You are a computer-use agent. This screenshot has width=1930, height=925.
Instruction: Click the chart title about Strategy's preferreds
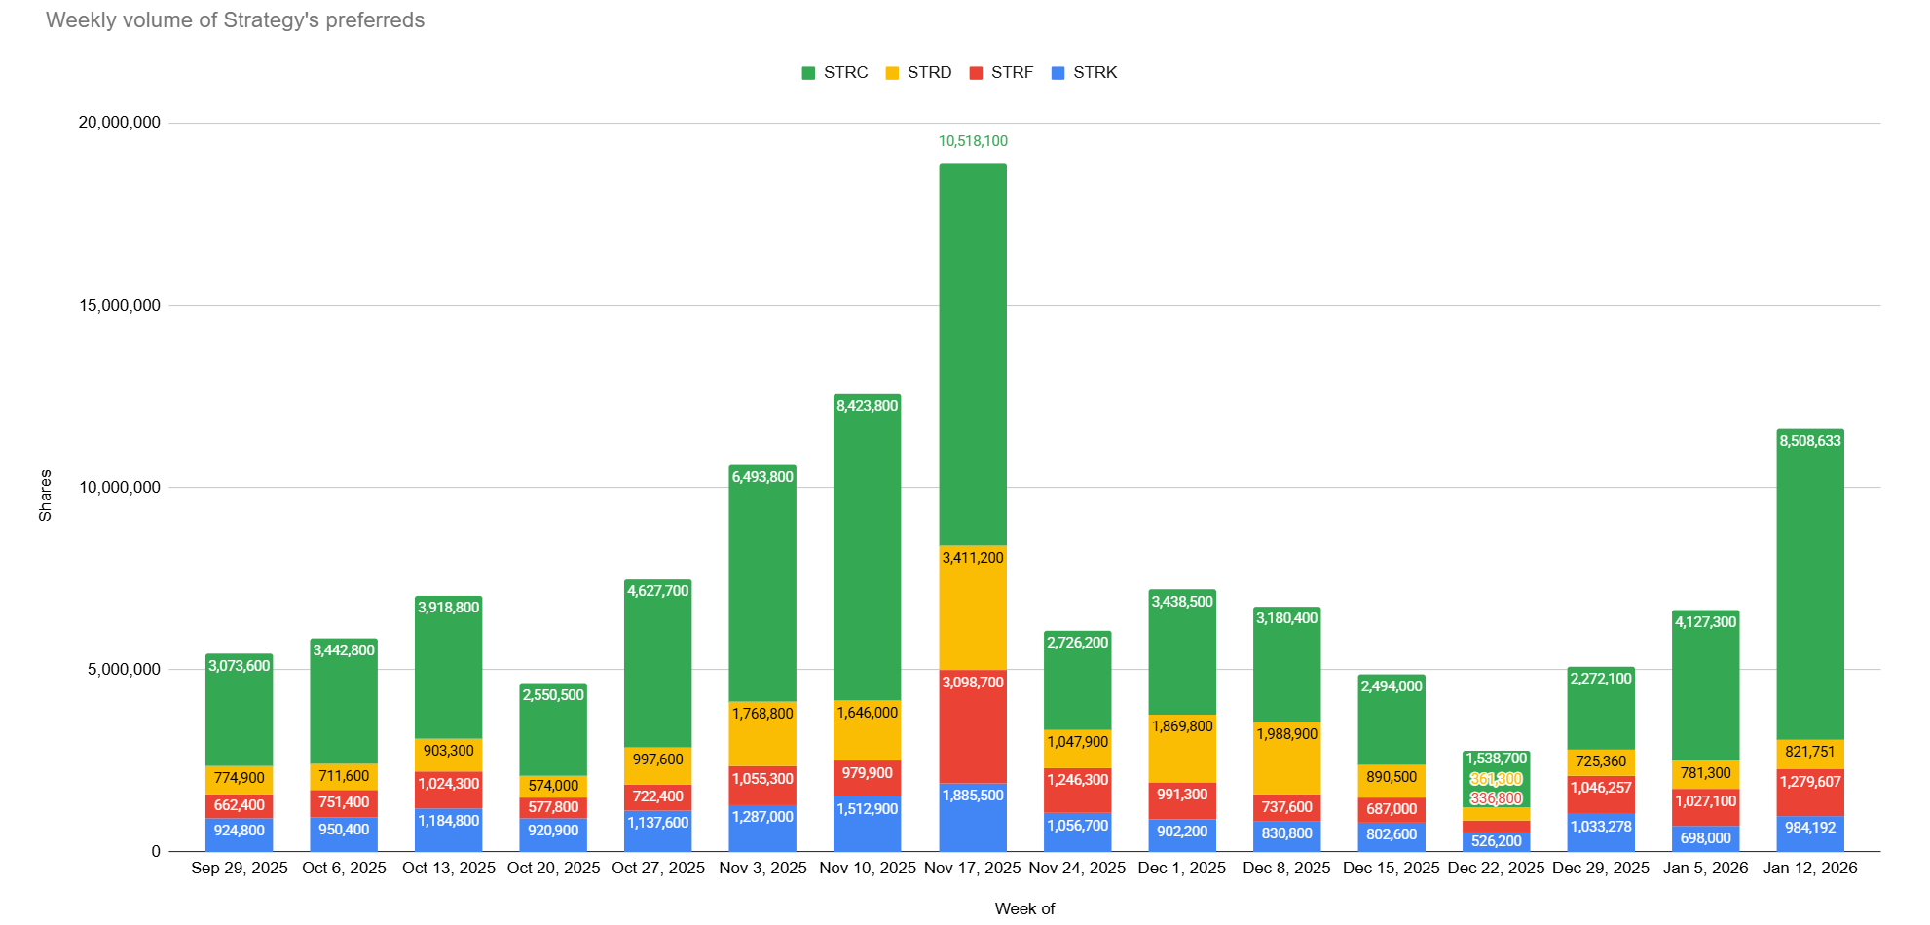[x=235, y=20]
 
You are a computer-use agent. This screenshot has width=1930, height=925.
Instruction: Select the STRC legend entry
[x=835, y=73]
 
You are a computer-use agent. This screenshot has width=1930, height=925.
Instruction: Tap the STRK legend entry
[x=1085, y=73]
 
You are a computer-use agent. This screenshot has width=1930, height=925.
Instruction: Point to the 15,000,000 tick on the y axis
[x=120, y=306]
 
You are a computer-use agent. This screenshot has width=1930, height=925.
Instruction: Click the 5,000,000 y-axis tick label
[x=124, y=670]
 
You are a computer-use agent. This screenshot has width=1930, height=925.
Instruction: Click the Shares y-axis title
[x=45, y=496]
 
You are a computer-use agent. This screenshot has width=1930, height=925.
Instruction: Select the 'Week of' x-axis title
[x=1024, y=908]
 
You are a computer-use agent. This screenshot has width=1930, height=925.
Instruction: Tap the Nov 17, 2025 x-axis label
[x=972, y=868]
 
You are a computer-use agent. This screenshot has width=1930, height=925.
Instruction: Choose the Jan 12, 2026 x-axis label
[x=1809, y=868]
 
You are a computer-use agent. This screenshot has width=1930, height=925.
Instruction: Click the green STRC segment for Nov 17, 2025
[x=973, y=351]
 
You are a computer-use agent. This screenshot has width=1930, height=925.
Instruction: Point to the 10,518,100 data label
[x=973, y=141]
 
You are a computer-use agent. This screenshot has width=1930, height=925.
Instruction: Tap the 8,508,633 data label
[x=1809, y=441]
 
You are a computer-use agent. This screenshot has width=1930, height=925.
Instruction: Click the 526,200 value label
[x=1496, y=841]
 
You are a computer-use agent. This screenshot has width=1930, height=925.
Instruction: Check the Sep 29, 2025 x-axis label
[x=240, y=868]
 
